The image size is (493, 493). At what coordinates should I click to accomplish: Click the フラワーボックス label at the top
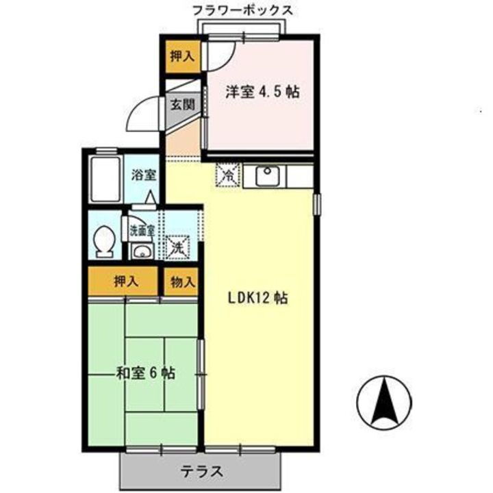[x=242, y=10]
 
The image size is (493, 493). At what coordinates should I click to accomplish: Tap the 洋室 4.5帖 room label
[x=263, y=92]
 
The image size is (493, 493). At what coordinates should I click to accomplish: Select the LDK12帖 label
[x=257, y=299]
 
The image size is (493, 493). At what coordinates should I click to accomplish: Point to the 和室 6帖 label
[x=144, y=373]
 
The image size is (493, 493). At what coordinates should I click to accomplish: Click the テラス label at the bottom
[x=202, y=472]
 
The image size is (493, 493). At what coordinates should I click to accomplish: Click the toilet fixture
[x=105, y=241]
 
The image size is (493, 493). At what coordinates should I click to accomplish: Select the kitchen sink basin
[x=268, y=177]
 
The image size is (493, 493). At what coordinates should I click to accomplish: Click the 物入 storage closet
[x=181, y=281]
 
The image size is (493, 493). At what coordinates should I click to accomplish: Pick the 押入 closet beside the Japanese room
[x=125, y=281]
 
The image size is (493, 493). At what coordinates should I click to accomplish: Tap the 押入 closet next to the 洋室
[x=181, y=55]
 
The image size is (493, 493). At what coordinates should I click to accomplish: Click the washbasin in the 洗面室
[x=142, y=250]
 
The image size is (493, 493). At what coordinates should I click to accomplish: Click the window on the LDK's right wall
[x=317, y=204]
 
